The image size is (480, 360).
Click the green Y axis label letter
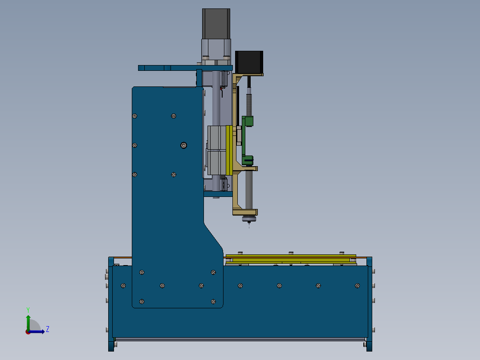(28, 310)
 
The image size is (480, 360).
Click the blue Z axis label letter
(48, 329)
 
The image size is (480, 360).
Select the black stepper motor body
(249, 62)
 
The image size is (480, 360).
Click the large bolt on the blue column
(183, 145)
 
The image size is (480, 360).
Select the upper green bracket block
(248, 121)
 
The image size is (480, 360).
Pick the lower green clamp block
(248, 160)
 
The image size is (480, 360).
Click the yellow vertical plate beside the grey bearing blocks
(229, 150)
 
